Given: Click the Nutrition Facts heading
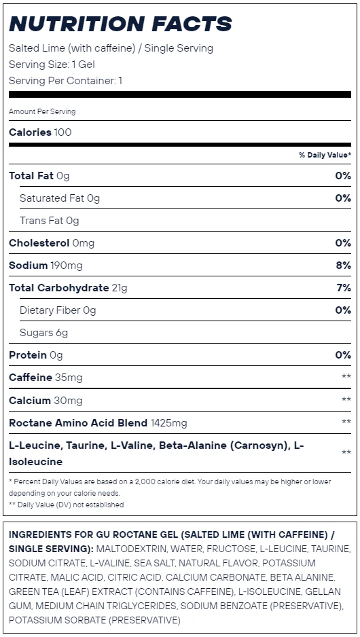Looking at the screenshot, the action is pos(120,24).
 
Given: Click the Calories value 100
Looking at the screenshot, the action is pos(62,132).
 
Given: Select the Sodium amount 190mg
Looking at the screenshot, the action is pos(67,266).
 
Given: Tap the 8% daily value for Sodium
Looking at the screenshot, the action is pos(343,266).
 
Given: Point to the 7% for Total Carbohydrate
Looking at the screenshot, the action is pos(344,288).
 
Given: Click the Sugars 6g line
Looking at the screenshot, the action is pos(44,333).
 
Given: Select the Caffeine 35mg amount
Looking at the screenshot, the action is pos(69,378).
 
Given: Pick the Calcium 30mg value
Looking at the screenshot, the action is pos(68,400).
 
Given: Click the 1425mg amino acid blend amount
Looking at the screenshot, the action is pos(168,423).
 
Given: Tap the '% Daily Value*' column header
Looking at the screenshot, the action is pos(325,155).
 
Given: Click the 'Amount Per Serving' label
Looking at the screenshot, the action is pos(42,111).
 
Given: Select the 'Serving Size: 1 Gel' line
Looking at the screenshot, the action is pos(52,65).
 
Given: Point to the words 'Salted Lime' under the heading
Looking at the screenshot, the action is pos(37,48).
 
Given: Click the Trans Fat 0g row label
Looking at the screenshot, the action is pos(49,221).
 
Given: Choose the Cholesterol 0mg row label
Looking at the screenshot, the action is pos(52,243).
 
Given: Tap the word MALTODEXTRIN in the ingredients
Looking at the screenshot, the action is pos(131,549).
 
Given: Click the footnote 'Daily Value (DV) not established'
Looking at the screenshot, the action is pos(71,505).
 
